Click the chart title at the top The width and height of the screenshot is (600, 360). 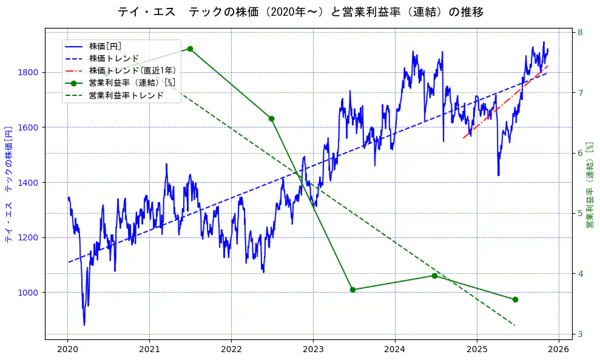[x=300, y=12]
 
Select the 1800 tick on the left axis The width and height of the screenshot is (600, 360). [x=29, y=72]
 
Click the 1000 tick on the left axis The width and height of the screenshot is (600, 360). [x=29, y=293]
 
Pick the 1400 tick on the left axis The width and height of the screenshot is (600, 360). [x=29, y=183]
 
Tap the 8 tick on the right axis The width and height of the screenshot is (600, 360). [x=580, y=32]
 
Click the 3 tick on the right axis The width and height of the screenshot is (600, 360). [x=580, y=334]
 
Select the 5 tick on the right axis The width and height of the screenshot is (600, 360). [x=580, y=213]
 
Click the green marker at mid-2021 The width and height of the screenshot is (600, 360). [x=190, y=49]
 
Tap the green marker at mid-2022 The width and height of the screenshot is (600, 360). [x=271, y=118]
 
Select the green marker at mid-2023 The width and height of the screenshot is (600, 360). [x=352, y=290]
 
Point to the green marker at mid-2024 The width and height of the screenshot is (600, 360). [x=434, y=276]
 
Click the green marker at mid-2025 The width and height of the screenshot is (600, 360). [x=515, y=299]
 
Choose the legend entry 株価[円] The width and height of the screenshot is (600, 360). [x=106, y=46]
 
